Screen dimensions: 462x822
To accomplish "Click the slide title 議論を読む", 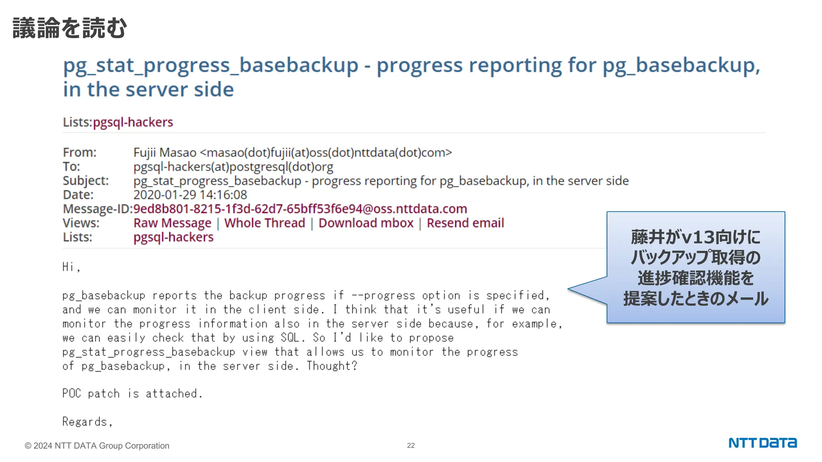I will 69,28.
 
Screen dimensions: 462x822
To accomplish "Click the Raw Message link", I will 172,223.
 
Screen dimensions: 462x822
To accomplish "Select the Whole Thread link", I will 265,223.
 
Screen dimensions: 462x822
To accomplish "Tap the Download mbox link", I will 366,223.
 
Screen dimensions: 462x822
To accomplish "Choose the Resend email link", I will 465,223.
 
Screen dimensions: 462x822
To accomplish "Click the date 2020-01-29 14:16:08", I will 190,195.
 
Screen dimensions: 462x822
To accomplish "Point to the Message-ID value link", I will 300,209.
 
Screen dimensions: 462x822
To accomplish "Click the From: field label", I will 79,153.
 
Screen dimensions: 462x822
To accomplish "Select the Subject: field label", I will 85,181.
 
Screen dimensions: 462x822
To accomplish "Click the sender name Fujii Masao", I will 165,153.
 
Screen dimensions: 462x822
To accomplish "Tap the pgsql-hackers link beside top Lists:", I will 133,122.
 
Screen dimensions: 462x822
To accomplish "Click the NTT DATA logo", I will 762,443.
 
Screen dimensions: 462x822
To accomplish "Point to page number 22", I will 411,446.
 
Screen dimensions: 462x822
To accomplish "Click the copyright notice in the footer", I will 97,446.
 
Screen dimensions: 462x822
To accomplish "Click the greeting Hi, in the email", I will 71,267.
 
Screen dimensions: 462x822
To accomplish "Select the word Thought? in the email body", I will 332,366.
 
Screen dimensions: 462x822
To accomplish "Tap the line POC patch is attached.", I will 132,393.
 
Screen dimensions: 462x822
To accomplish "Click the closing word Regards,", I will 87,421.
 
